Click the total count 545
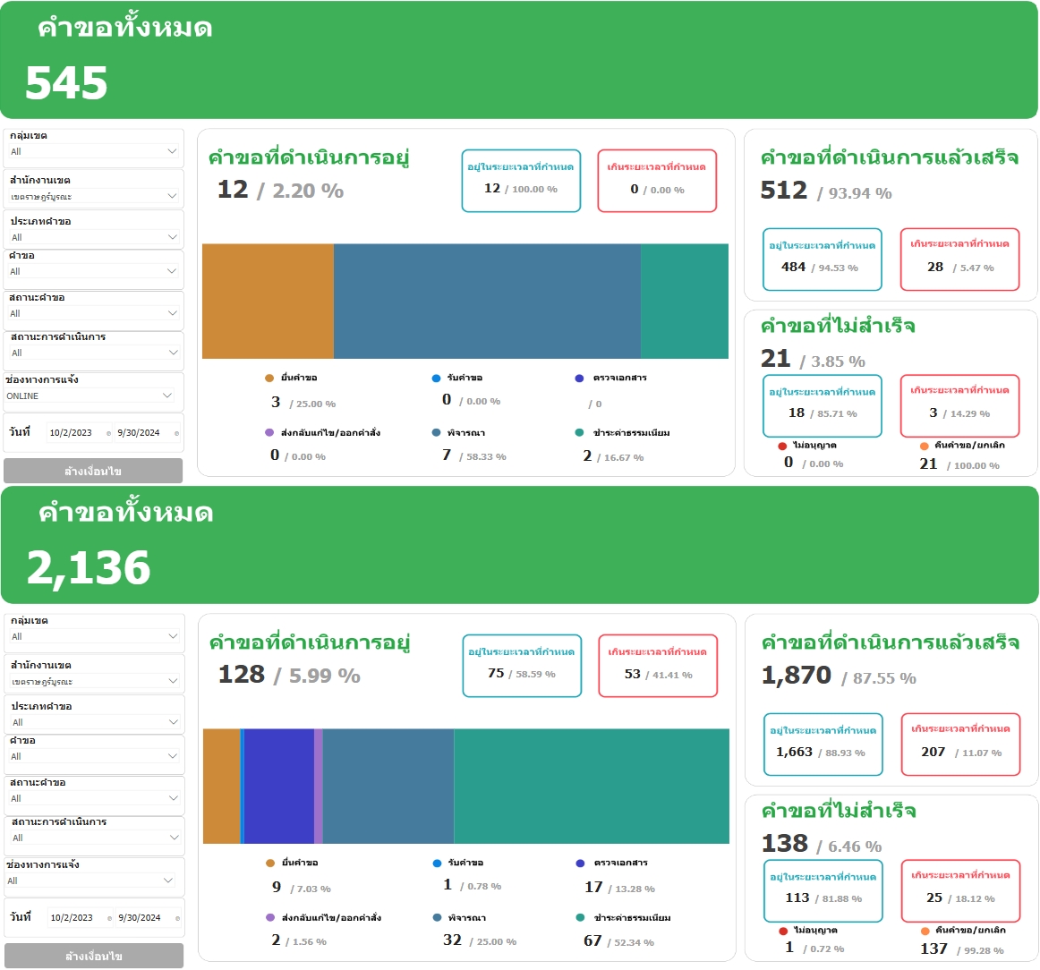66,83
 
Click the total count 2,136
89,568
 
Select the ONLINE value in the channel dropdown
23,396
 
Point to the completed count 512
784,191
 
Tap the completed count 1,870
797,676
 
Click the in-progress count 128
242,675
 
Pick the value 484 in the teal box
794,267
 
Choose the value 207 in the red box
933,752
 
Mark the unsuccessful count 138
785,844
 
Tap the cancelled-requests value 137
933,949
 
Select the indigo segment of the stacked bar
278,787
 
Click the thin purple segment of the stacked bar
319,787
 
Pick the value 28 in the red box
935,267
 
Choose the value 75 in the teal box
496,673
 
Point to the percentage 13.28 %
635,889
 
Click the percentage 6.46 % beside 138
855,847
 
